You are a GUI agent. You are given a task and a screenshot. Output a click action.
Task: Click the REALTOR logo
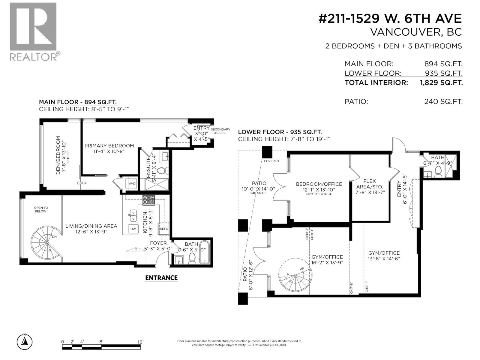[33, 31]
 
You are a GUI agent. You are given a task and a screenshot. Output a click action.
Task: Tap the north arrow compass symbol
[25, 341]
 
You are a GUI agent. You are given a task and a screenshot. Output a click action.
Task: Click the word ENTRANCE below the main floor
[161, 278]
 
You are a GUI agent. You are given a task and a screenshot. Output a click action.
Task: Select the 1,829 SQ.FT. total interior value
[441, 83]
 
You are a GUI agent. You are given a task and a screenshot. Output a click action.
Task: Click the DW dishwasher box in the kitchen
[133, 229]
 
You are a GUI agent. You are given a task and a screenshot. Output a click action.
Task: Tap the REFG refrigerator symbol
[164, 229]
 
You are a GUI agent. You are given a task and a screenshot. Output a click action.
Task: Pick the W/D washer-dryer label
[132, 184]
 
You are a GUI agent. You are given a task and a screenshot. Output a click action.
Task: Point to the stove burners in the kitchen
[149, 200]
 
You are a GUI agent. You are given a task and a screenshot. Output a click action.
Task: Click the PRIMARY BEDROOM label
[109, 146]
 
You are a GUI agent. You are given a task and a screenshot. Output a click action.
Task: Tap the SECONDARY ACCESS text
[220, 131]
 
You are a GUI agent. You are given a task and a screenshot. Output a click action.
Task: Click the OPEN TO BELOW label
[41, 209]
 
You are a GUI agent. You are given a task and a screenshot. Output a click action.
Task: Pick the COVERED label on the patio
[271, 161]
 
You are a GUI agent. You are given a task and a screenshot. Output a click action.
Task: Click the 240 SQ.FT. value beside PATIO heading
[443, 102]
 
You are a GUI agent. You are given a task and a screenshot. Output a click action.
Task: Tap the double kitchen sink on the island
[133, 214]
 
